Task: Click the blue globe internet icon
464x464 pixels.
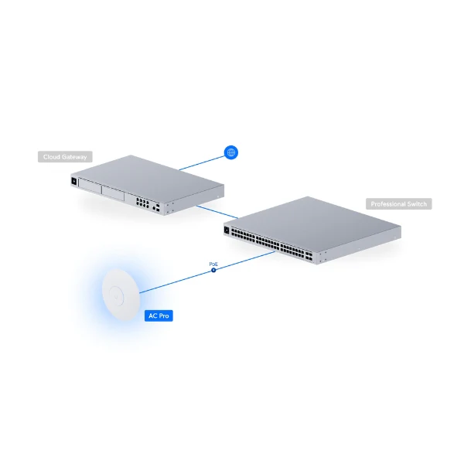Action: (x=231, y=152)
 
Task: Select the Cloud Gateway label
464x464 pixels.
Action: (x=65, y=157)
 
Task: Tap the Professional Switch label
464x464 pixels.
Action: (x=398, y=204)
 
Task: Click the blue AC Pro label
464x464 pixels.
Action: (x=159, y=316)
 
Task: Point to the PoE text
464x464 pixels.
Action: (x=213, y=264)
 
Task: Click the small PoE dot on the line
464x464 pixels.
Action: (x=213, y=270)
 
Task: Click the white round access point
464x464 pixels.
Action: (x=121, y=295)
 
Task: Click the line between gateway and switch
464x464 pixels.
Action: (x=217, y=212)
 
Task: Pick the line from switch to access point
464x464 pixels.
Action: (x=207, y=272)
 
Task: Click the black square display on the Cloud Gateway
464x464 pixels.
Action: (x=74, y=181)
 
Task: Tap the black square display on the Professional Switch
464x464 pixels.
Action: (x=227, y=230)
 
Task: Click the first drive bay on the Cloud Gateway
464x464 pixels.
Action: (x=90, y=186)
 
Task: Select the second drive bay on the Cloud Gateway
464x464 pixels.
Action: (x=113, y=193)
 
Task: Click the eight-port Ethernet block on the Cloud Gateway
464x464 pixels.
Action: (x=142, y=203)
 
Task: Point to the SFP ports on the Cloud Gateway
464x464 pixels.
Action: (x=158, y=207)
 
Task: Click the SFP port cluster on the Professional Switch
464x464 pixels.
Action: (x=309, y=256)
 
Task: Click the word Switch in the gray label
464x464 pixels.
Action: (x=417, y=204)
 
